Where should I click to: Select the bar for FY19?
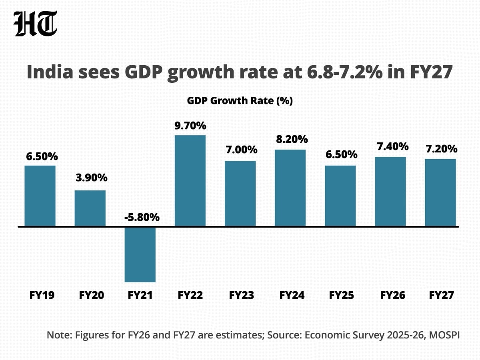[40, 196]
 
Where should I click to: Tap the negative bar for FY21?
[140, 254]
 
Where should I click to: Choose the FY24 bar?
[290, 188]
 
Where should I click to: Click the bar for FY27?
[440, 193]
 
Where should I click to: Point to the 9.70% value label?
[190, 126]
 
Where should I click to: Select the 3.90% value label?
[92, 178]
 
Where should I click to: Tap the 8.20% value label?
[292, 140]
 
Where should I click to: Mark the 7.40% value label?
[392, 146]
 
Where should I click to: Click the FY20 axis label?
[92, 296]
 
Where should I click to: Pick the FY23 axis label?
[241, 296]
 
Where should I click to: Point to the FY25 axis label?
[342, 296]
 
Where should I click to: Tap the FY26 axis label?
[392, 296]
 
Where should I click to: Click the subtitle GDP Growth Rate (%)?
[240, 101]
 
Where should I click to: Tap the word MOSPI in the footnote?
[444, 335]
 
